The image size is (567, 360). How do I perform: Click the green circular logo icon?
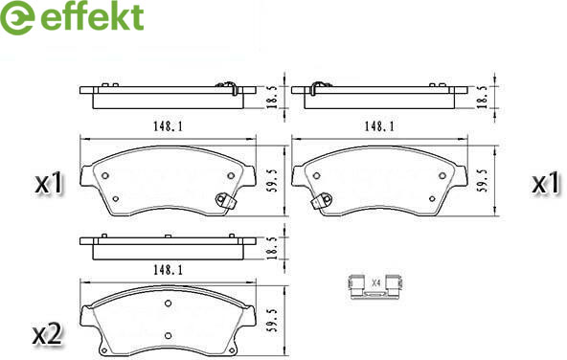click(17, 17)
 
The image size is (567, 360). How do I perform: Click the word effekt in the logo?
click(93, 16)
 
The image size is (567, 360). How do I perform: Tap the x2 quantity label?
click(48, 335)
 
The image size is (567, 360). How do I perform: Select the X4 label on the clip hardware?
click(376, 282)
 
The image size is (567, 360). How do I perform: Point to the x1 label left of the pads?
click(49, 183)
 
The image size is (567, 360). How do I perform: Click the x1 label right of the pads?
click(546, 183)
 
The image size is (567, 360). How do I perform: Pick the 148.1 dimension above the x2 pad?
click(169, 270)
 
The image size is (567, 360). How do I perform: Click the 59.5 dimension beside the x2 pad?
click(274, 320)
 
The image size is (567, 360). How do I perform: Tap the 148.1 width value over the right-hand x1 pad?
click(379, 126)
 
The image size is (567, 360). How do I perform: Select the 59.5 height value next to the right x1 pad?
click(485, 180)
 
